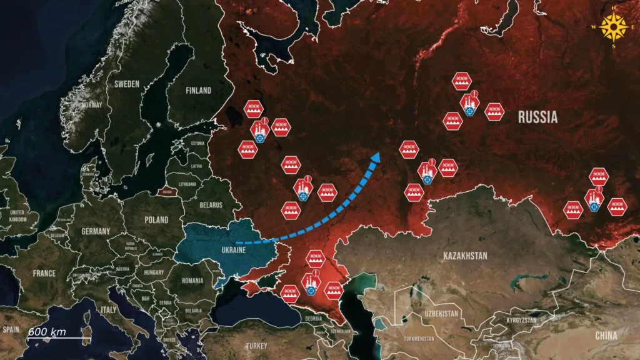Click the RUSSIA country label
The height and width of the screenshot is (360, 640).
[537, 117]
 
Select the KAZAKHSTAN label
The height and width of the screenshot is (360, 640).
[465, 256]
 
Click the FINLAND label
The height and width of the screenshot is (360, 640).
[198, 90]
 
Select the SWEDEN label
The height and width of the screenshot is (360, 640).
[127, 83]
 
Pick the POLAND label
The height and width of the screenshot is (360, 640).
[156, 220]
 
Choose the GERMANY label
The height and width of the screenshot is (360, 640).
[96, 231]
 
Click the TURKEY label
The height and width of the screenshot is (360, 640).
[256, 346]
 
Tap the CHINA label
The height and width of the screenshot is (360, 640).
[606, 336]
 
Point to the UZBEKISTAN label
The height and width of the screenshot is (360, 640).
[441, 313]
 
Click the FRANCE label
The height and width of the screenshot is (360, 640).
[44, 273]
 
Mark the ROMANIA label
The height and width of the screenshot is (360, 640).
[192, 281]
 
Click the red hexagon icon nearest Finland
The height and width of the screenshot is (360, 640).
[252, 109]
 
